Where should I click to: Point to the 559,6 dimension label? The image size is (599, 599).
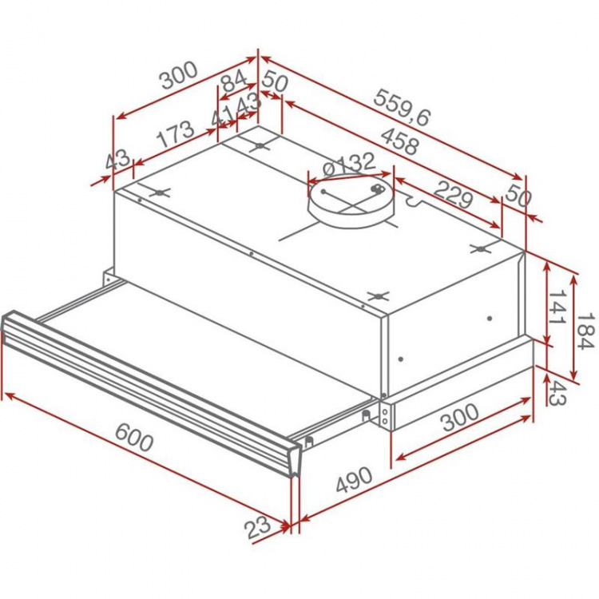pyautogui.click(x=401, y=106)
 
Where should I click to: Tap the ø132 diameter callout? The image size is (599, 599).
pyautogui.click(x=348, y=165)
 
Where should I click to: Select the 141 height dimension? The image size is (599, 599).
pyautogui.click(x=556, y=307)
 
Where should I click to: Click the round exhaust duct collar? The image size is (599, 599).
pyautogui.click(x=351, y=204)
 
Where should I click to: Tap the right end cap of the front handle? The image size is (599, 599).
pyautogui.click(x=295, y=459)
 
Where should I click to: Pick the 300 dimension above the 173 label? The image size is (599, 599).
pyautogui.click(x=178, y=77)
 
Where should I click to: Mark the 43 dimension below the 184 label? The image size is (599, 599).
pyautogui.click(x=556, y=391)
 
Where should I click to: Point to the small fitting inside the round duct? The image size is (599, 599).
pyautogui.click(x=376, y=189)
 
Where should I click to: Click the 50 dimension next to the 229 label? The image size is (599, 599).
pyautogui.click(x=518, y=196)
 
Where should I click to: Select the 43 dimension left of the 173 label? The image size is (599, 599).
pyautogui.click(x=117, y=160)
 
